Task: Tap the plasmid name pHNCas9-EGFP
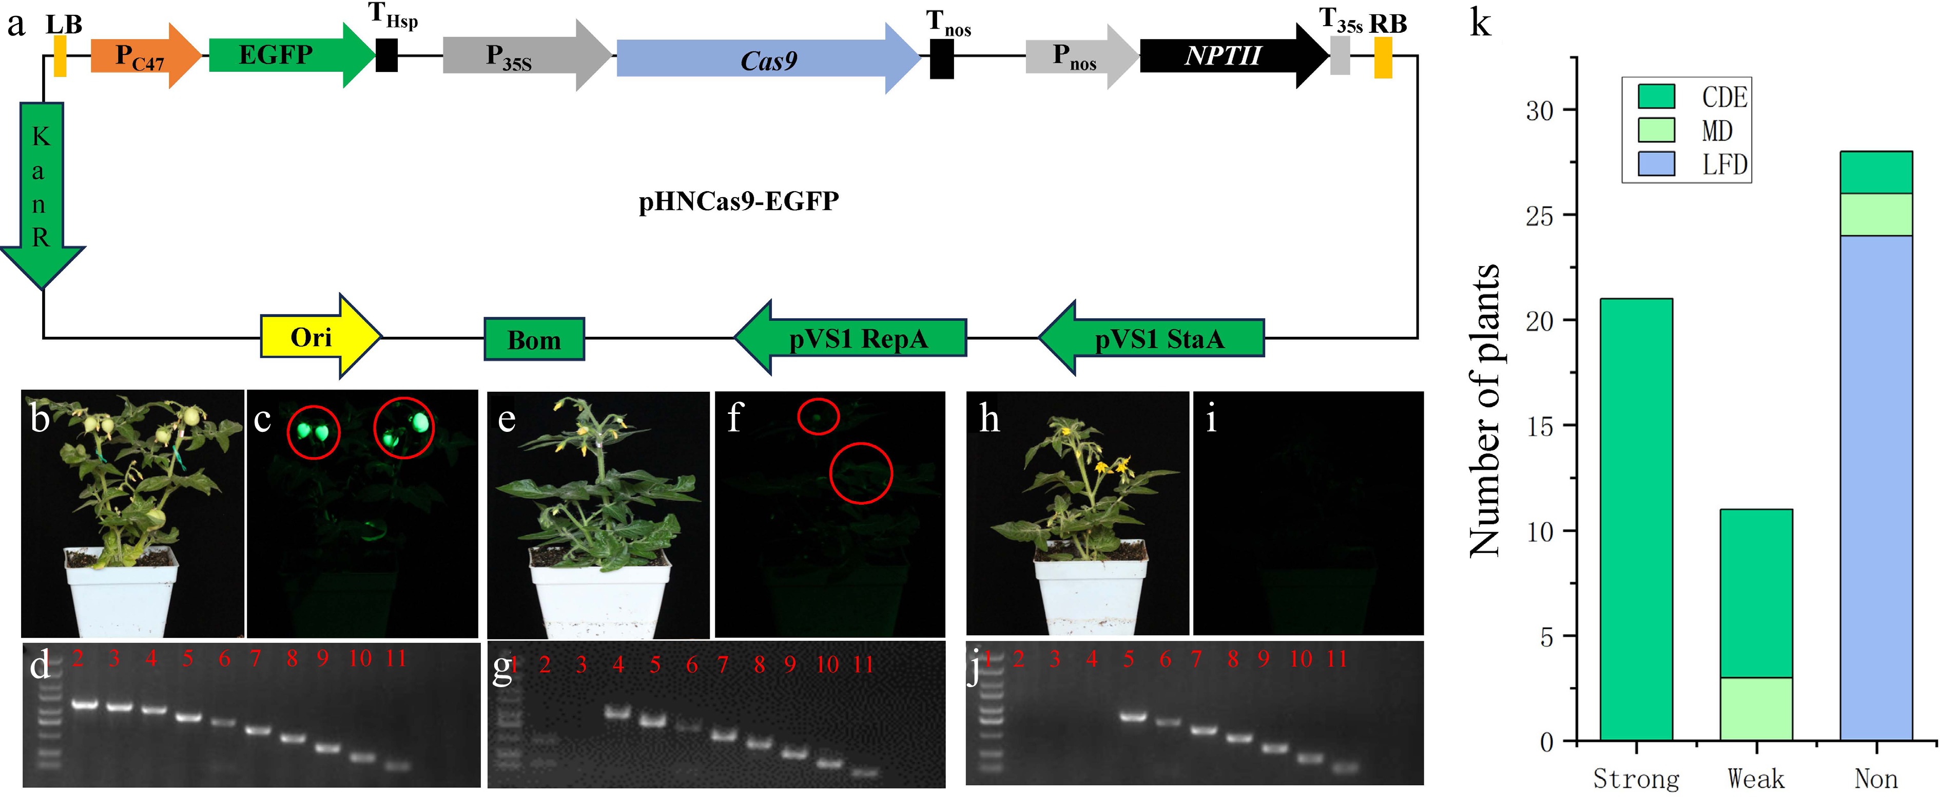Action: (738, 202)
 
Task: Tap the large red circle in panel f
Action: (861, 473)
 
